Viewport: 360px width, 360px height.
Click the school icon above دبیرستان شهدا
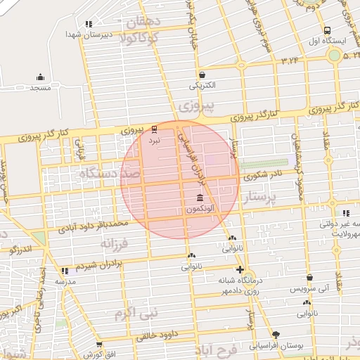click(88, 24)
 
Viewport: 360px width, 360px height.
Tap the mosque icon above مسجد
click(40, 77)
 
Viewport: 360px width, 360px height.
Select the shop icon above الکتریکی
click(202, 75)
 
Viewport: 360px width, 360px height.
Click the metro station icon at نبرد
click(155, 130)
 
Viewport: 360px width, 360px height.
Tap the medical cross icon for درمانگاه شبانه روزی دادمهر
click(240, 270)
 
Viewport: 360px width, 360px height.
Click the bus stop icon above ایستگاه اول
click(327, 30)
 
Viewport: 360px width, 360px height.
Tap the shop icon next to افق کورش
click(99, 345)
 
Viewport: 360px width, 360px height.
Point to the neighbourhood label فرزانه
click(115, 243)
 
